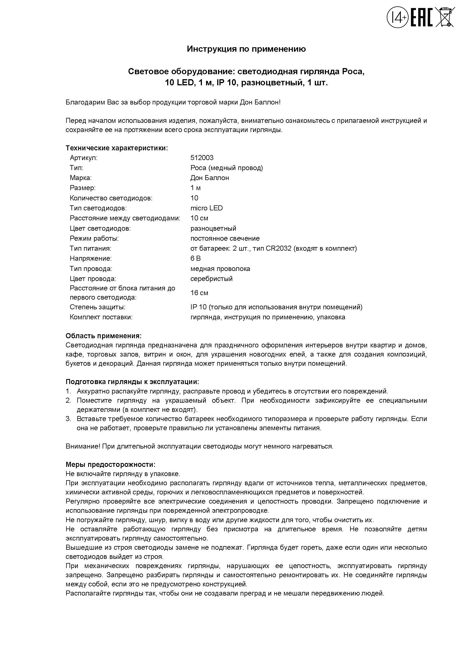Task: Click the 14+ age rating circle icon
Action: coord(397,18)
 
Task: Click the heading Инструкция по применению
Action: coord(246,49)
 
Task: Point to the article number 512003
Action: coord(202,158)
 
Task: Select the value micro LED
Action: coord(206,208)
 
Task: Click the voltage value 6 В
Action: coord(196,258)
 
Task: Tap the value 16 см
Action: coord(199,293)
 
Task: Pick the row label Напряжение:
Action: coord(91,258)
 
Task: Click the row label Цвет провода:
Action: coord(93,278)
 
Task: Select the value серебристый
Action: coord(211,278)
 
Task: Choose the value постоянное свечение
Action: coord(225,238)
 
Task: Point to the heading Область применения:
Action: coord(103,336)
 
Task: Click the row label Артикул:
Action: coord(83,158)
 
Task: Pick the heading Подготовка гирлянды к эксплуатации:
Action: coord(132,382)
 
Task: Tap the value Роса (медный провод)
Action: coord(227,168)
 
